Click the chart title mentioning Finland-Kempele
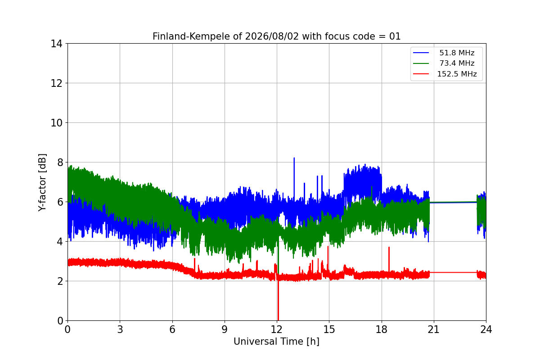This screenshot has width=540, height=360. (276, 36)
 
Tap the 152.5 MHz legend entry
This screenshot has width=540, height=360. (445, 74)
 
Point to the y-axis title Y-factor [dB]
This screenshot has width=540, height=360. (42, 183)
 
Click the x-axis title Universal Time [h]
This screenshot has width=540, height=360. (276, 342)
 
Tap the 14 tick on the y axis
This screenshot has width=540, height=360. (56, 44)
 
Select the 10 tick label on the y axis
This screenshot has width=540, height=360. (56, 123)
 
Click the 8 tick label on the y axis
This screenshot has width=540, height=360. (60, 162)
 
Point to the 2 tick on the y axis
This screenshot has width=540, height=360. (60, 281)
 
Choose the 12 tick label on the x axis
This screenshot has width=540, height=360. (277, 329)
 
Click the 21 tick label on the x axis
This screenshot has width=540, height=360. (434, 329)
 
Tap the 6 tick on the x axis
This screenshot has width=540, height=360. (172, 329)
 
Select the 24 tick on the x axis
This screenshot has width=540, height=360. (486, 329)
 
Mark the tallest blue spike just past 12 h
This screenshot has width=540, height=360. (294, 179)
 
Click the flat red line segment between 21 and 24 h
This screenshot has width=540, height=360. (453, 272)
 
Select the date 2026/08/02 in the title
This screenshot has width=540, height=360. (272, 36)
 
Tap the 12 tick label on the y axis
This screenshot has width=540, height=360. (56, 83)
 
